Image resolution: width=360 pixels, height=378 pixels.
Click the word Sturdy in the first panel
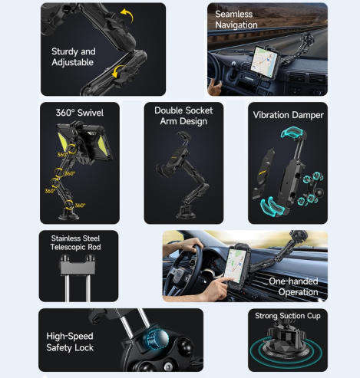point(62,52)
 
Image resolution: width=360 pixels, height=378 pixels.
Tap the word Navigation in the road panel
point(236,25)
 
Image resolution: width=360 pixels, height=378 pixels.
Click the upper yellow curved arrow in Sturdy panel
point(127,15)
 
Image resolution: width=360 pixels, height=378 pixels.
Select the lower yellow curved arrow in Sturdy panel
point(118,71)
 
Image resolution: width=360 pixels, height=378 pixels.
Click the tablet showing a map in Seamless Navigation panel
point(264,60)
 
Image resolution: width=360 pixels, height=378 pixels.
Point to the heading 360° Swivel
point(80,113)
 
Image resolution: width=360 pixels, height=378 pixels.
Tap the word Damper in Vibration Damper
point(309,115)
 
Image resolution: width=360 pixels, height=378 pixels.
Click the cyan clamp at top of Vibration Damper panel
point(292,133)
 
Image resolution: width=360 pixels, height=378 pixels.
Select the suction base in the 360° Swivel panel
point(68,214)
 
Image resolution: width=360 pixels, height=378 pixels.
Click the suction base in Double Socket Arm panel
point(185,212)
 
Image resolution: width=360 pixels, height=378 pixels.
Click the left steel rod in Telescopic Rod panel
point(68,288)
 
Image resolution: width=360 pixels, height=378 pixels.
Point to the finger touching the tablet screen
point(223,281)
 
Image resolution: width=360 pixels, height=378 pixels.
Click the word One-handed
point(293,281)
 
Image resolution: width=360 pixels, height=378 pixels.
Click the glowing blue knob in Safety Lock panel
point(156,339)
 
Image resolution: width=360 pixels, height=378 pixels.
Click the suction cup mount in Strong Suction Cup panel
point(286,343)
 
